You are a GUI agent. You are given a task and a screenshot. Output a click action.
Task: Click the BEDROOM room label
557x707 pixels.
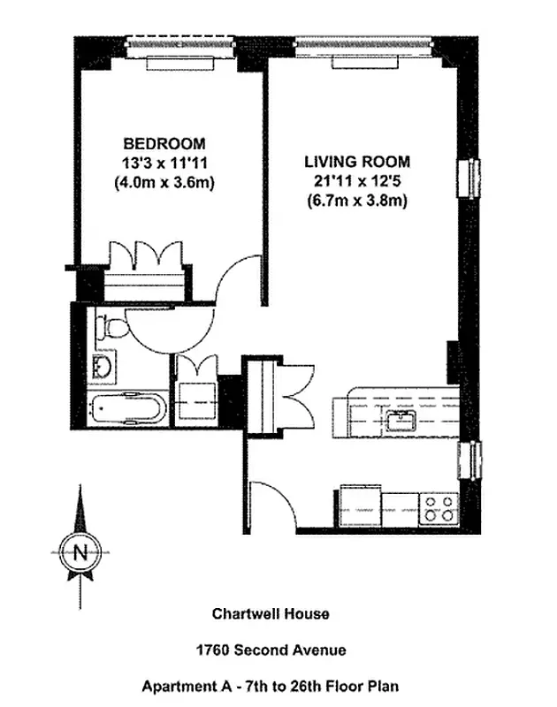click(x=164, y=144)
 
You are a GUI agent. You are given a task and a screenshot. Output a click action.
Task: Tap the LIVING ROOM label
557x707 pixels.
click(x=356, y=162)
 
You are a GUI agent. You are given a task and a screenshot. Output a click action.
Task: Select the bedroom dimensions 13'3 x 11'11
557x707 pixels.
click(x=164, y=163)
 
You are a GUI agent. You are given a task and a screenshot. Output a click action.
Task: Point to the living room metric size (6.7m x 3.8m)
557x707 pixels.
click(x=356, y=201)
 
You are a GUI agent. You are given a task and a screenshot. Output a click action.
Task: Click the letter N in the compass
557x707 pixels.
click(x=80, y=553)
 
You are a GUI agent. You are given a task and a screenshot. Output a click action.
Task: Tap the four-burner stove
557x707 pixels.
click(x=438, y=508)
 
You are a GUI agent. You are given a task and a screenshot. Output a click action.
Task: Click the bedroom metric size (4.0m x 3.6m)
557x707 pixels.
click(x=164, y=183)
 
